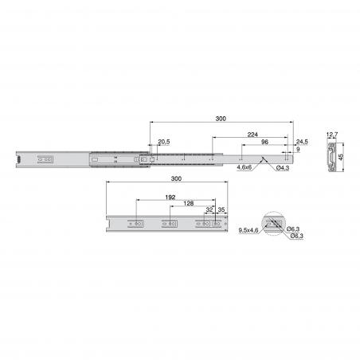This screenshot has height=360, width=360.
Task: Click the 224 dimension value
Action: point(252,135)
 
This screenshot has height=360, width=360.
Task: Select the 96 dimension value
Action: point(264,142)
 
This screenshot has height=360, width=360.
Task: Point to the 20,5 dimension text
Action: point(164,142)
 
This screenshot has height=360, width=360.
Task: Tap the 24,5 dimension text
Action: point(302,142)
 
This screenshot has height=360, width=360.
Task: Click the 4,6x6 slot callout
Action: point(245,167)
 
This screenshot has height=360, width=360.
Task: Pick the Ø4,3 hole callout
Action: point(283,168)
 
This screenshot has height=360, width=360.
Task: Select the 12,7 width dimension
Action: point(332,135)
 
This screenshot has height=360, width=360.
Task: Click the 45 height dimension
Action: point(341,157)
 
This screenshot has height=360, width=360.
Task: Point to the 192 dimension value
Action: point(170,198)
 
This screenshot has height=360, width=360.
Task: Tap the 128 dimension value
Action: point(189,203)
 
